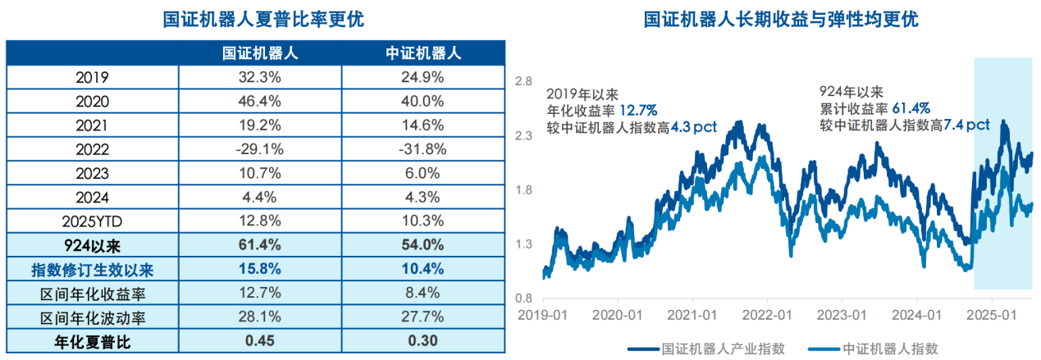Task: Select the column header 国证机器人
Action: point(259,53)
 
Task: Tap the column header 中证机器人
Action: point(421,53)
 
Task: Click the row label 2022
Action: point(93,149)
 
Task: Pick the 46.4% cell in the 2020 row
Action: point(259,102)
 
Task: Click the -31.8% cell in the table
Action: point(421,149)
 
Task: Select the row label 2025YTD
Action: point(93,221)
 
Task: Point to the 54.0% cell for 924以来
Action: point(421,244)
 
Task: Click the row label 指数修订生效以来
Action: point(93,268)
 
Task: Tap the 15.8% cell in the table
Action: point(259,268)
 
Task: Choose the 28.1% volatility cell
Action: point(259,317)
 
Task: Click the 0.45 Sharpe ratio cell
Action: point(259,340)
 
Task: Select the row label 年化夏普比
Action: point(93,340)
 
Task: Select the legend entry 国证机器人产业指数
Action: point(723,348)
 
